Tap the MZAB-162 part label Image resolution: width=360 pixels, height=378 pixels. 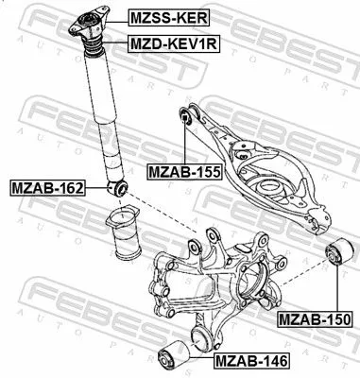pos(46,185)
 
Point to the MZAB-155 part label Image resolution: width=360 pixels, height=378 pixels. pos(183,172)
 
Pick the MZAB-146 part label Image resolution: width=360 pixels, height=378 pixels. pos(249,359)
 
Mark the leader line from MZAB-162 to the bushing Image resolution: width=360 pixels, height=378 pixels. pos(98,186)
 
